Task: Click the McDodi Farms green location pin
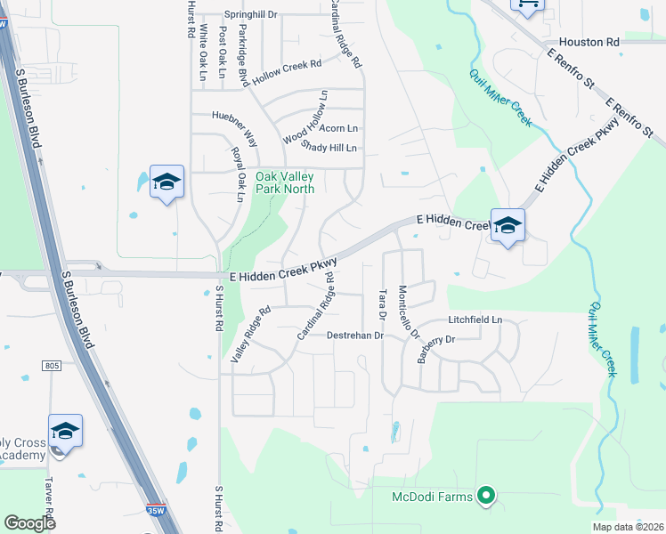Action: (x=485, y=495)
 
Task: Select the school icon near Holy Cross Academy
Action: (x=65, y=432)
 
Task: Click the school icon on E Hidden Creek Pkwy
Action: (x=508, y=226)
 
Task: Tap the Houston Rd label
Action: (x=589, y=42)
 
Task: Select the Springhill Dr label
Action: (x=250, y=15)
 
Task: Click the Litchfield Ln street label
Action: (x=475, y=320)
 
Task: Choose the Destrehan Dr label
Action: (x=354, y=336)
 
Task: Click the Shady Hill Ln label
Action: (x=329, y=148)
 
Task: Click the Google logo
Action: (x=29, y=523)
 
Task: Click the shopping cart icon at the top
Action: (x=527, y=4)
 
